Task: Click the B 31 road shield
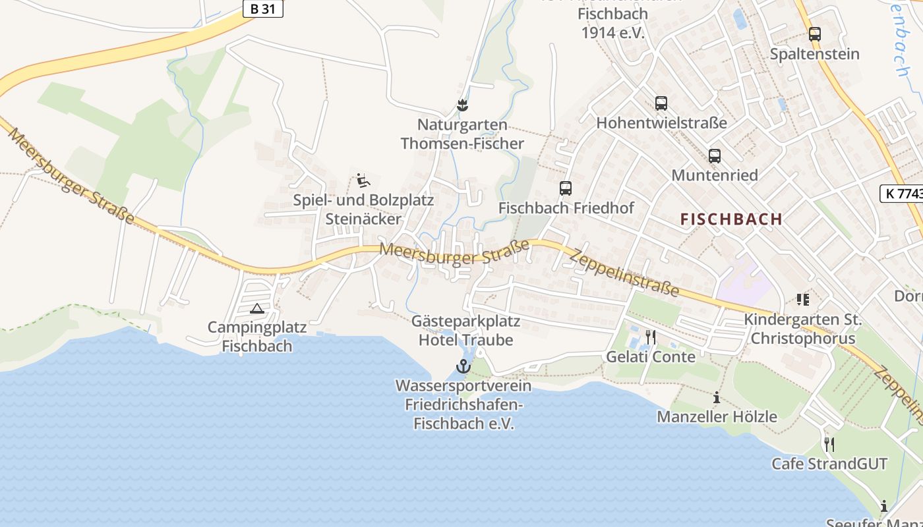tap(262, 9)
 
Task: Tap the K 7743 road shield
tap(902, 193)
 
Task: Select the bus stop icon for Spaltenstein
tap(815, 34)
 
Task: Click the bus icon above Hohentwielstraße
tap(661, 103)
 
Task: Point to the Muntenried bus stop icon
tap(715, 156)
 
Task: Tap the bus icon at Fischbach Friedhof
tap(566, 188)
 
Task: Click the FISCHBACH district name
tap(731, 219)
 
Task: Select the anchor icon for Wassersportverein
tap(463, 366)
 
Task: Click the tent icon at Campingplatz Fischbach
tap(257, 308)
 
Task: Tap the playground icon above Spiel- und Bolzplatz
tap(363, 180)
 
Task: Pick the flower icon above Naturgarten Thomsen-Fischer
tap(462, 105)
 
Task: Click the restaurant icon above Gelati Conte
tap(651, 337)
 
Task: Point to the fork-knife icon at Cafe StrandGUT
tap(829, 444)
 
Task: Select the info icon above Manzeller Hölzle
tap(717, 397)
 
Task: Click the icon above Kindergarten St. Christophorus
tap(802, 300)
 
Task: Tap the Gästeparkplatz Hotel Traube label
tap(466, 331)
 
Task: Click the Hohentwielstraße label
tap(661, 123)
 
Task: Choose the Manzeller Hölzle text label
tap(717, 417)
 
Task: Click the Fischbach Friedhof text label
tap(566, 208)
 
